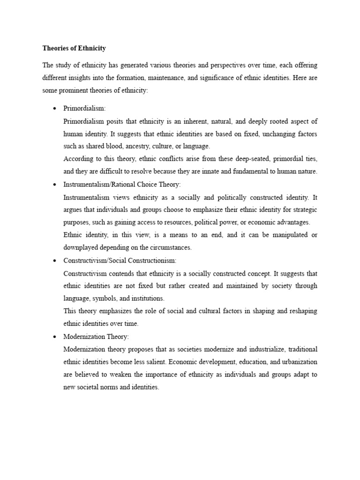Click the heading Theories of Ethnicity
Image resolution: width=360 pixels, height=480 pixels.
(x=74, y=48)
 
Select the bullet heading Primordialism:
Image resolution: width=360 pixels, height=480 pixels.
(x=84, y=108)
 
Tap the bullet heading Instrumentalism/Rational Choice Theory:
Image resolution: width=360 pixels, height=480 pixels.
(x=121, y=184)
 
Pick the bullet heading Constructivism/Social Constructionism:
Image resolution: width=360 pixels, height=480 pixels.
(x=120, y=260)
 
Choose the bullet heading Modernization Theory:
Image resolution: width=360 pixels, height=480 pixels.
(x=96, y=337)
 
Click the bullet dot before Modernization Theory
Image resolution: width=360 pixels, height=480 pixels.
(x=55, y=337)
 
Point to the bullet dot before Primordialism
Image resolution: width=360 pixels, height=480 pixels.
(x=55, y=109)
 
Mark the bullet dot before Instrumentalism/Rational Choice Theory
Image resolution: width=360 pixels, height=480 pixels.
(x=55, y=185)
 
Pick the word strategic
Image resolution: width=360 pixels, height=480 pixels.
(x=303, y=210)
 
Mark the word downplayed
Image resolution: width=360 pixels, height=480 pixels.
(x=82, y=247)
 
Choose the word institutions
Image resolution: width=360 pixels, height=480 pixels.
(x=148, y=298)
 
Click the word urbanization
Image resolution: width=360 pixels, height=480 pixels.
(x=296, y=362)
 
